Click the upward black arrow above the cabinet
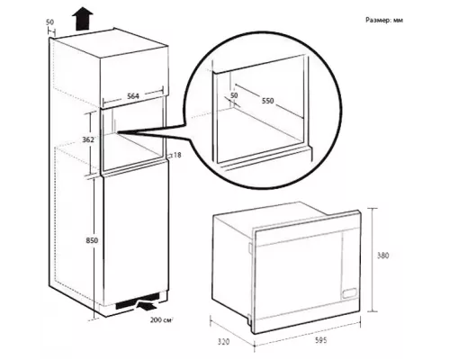coord(83,20)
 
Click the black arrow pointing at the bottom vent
coord(147,306)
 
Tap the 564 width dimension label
coord(133,96)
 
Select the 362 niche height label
coord(88,139)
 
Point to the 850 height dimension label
coord(92,240)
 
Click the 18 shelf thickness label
coord(177,155)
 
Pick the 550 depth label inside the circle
coord(268,101)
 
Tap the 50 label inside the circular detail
coord(234,95)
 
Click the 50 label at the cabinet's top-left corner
coord(49,22)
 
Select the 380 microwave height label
coord(382,256)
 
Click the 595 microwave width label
coord(320,340)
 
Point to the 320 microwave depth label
coord(223,342)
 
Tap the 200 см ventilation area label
coord(162,320)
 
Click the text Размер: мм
coord(384,20)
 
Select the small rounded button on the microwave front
coord(350,292)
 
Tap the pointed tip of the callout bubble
coord(118,132)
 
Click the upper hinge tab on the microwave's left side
coord(250,247)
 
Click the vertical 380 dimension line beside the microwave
coord(373,260)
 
